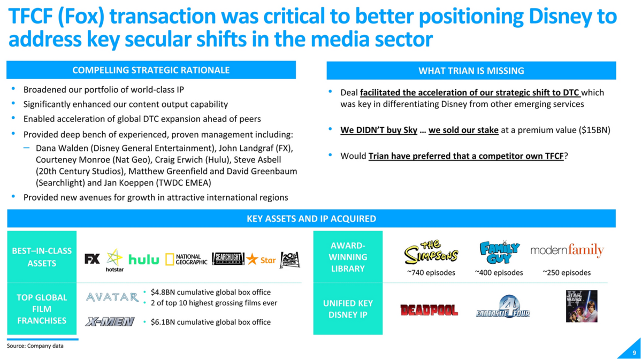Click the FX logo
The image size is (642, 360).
tap(92, 258)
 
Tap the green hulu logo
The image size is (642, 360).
tap(143, 259)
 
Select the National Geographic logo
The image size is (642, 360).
tap(186, 259)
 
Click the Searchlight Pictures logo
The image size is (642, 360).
tap(228, 258)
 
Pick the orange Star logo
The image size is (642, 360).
tap(261, 259)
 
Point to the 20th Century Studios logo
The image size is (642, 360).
tap(290, 260)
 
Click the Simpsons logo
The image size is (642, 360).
tap(431, 252)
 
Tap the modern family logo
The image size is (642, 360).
tap(567, 250)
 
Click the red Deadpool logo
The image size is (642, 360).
tap(429, 310)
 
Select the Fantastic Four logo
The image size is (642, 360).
tap(503, 307)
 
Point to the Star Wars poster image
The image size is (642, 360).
tap(582, 306)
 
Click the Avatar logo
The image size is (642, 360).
tap(112, 297)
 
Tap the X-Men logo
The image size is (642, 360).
tap(110, 321)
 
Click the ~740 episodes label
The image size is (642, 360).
tap(431, 273)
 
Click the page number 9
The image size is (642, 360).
tap(634, 353)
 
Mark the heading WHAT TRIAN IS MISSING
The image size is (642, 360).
tap(471, 71)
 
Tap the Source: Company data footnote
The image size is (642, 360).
tap(35, 346)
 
